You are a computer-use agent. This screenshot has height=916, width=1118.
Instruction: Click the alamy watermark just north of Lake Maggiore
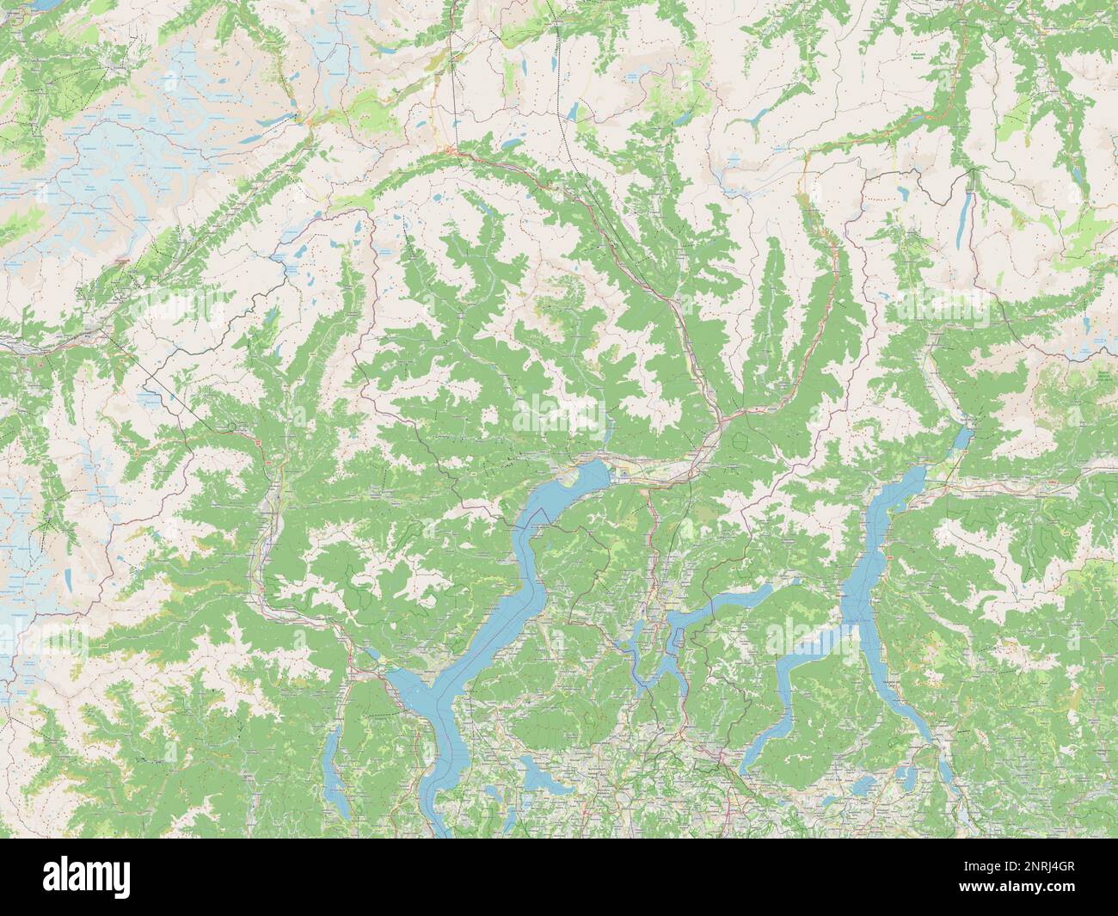point(559,413)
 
